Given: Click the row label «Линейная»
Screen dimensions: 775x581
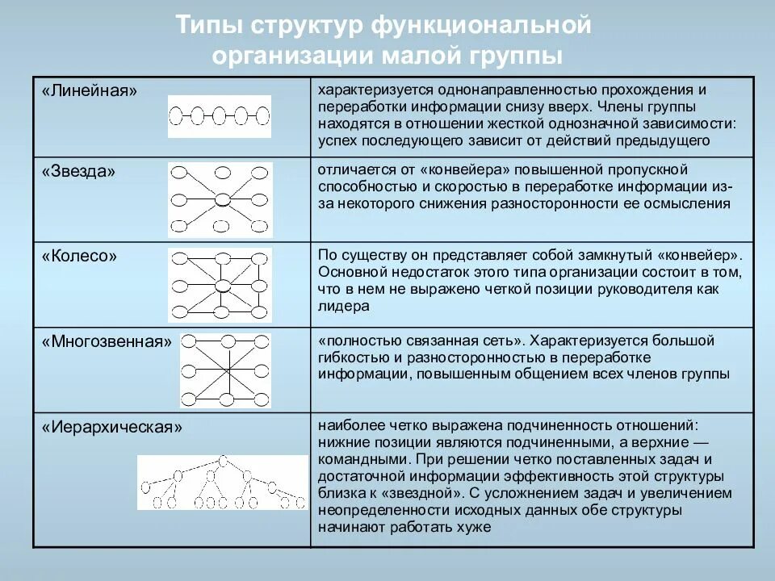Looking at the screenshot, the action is coord(90,90).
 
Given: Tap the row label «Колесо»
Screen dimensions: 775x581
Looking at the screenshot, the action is coord(79,256).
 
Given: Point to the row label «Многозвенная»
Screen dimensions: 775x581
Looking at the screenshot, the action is coord(107,342).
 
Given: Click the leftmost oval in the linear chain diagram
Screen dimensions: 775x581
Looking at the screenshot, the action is coord(178,116).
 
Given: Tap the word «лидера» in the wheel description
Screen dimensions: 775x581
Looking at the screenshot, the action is coord(344,307).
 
